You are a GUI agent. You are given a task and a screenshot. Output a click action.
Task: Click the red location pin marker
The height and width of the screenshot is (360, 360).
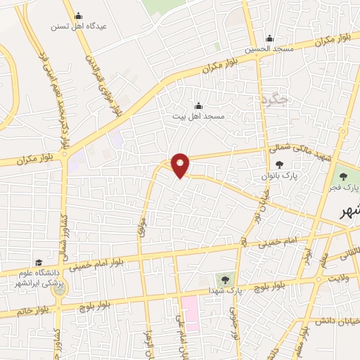(x=181, y=165)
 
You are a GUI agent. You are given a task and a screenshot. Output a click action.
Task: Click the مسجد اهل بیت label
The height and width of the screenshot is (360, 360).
(x=198, y=115)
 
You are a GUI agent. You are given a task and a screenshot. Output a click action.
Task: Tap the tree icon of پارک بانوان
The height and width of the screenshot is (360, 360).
(x=289, y=165)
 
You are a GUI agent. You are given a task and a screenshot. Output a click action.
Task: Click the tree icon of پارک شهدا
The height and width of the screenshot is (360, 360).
(x=226, y=280)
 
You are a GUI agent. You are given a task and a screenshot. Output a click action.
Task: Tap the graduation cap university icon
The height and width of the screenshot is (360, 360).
(x=37, y=262)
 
